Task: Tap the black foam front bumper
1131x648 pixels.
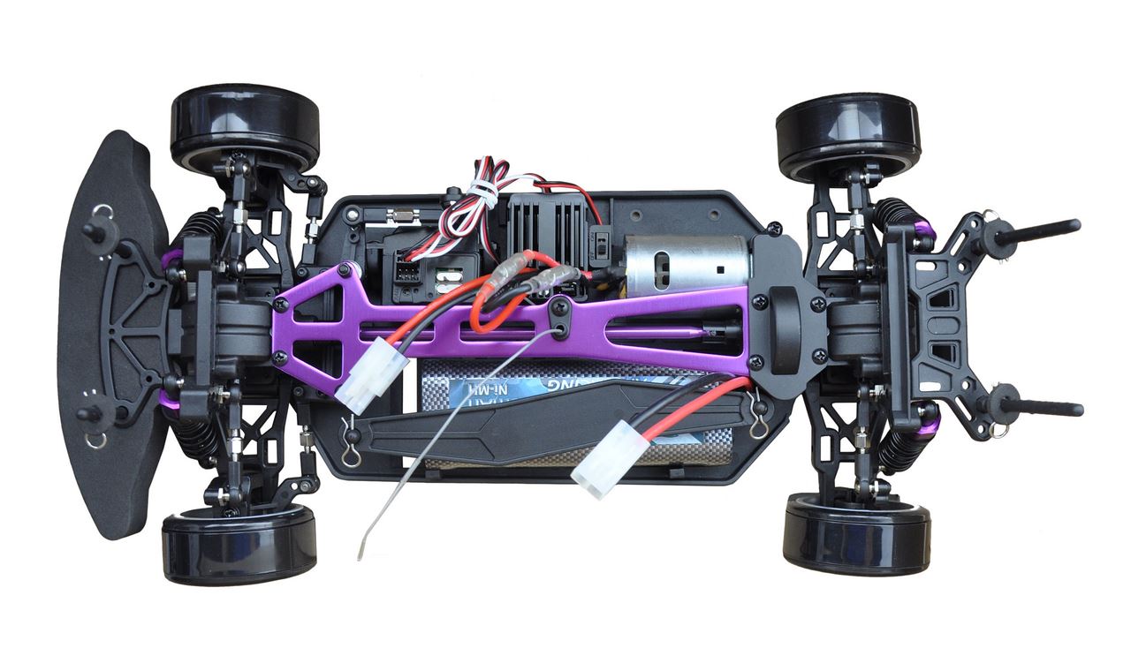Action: [x=110, y=335]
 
